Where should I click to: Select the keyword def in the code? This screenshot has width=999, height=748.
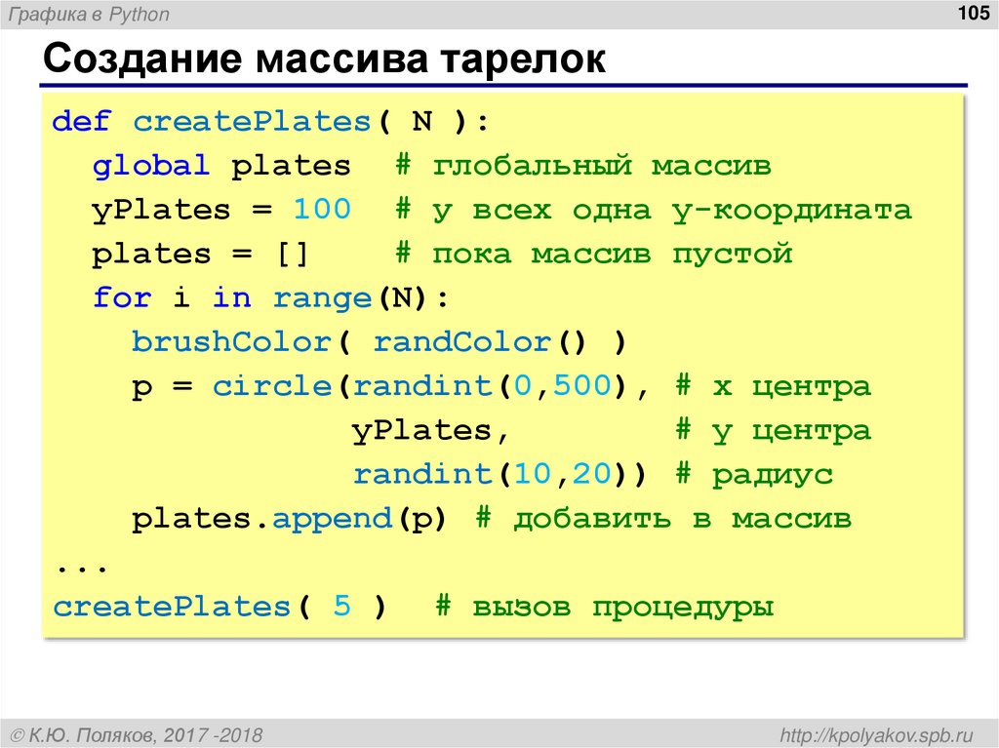[x=82, y=122]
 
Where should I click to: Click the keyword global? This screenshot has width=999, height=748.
[x=151, y=166]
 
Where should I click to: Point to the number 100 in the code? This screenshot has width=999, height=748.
[x=321, y=210]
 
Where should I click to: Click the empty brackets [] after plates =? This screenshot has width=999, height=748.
[x=291, y=255]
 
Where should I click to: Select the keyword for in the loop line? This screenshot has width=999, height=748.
[x=122, y=298]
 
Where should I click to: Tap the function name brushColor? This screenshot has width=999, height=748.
[x=231, y=342]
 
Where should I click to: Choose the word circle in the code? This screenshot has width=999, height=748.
[x=272, y=386]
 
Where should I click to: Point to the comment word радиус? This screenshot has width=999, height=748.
[x=772, y=475]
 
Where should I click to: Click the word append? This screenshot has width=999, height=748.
[x=332, y=519]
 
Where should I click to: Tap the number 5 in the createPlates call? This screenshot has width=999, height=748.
[x=341, y=607]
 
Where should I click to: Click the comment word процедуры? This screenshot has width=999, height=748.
[x=682, y=608]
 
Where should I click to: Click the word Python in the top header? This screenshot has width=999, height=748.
[x=140, y=14]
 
